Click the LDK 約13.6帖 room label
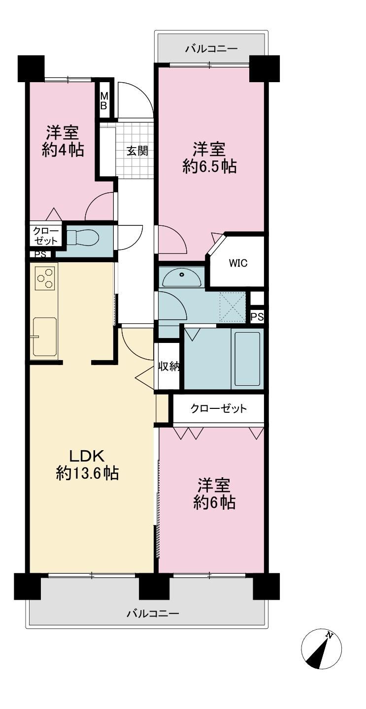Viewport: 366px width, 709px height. pyautogui.click(x=87, y=464)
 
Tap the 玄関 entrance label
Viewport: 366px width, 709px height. pyautogui.click(x=137, y=151)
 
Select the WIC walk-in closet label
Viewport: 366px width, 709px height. pyautogui.click(x=238, y=263)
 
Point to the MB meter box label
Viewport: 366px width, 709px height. pyautogui.click(x=103, y=101)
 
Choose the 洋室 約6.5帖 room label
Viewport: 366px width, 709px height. pyautogui.click(x=209, y=157)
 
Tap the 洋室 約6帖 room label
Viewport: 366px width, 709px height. pyautogui.click(x=214, y=493)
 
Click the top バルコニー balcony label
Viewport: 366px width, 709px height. pyautogui.click(x=211, y=49)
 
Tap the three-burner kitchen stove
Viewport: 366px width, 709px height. pyautogui.click(x=44, y=278)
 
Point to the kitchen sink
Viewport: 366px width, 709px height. pyautogui.click(x=44, y=336)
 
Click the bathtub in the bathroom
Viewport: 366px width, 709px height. pyautogui.click(x=247, y=359)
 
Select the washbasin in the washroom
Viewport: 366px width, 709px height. pyautogui.click(x=181, y=277)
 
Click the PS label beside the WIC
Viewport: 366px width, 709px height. pyautogui.click(x=257, y=317)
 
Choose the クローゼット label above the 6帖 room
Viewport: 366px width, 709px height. pyautogui.click(x=218, y=408)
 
